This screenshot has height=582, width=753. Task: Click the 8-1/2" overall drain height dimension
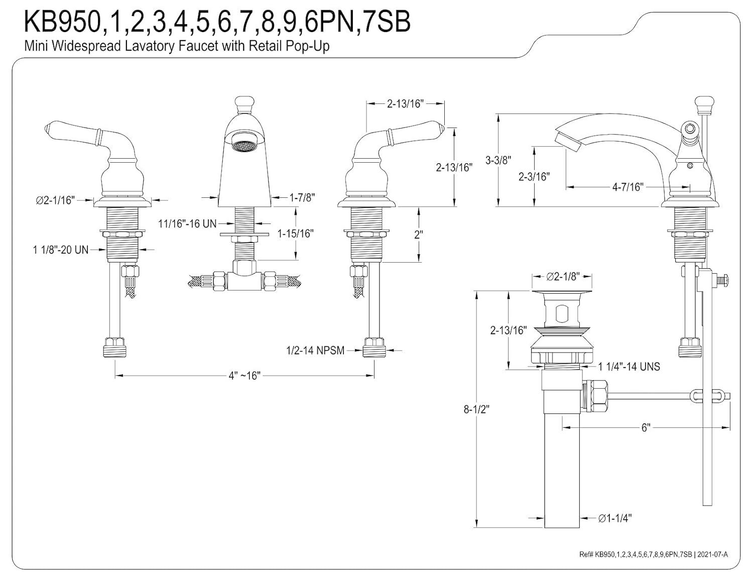pos(475,409)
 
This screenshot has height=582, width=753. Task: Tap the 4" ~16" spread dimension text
pos(244,376)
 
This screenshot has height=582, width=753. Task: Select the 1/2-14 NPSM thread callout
pos(315,350)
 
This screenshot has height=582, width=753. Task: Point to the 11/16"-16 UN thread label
pos(187,223)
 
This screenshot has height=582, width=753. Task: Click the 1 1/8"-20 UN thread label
pos(61,249)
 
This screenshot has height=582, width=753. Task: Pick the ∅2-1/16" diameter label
pos(55,200)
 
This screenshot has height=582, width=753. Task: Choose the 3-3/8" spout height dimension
pos(498,160)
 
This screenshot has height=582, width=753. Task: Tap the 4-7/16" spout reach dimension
pos(627,187)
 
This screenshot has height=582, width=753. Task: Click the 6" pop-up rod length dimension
pos(646,427)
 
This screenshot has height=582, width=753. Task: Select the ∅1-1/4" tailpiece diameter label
pos(614,518)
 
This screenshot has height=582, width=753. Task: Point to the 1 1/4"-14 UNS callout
pos(629,367)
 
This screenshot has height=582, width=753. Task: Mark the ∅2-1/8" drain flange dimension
pos(563,276)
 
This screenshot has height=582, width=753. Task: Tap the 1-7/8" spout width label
pos(302,197)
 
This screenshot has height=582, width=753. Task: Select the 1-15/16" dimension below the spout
pos(296,234)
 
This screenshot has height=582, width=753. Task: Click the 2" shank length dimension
pos(418,234)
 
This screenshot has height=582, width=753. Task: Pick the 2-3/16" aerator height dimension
pos(534,176)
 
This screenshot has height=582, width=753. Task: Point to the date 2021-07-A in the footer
pos(712,554)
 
